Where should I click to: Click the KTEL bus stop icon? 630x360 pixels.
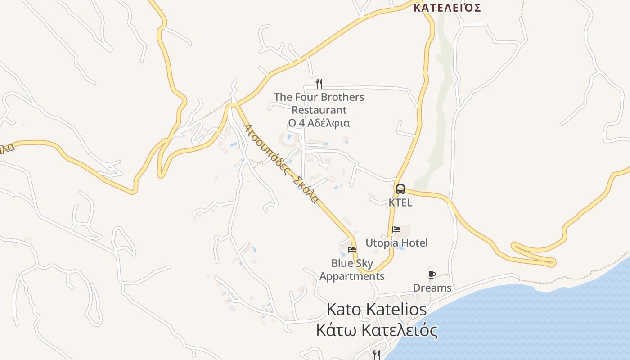click(400, 189)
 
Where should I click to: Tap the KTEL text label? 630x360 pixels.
click(400, 202)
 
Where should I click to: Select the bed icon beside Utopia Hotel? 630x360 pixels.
click(396, 229)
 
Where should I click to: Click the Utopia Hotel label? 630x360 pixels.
click(396, 243)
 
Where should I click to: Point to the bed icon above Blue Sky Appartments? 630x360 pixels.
click(352, 249)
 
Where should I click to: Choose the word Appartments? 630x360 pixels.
click(352, 276)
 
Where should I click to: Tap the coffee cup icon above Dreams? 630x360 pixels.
click(432, 274)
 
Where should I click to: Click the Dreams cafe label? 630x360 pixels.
click(432, 288)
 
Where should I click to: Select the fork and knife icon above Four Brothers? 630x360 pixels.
click(319, 83)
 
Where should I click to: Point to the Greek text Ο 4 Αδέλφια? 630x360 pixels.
click(319, 123)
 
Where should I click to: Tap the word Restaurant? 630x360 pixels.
click(319, 110)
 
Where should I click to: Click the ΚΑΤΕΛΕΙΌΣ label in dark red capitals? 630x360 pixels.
click(447, 8)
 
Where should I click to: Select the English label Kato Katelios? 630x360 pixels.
click(376, 310)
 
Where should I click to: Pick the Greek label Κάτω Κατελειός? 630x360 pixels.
click(376, 331)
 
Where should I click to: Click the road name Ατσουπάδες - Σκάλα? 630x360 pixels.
click(281, 163)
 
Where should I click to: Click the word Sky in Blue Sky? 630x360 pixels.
click(364, 263)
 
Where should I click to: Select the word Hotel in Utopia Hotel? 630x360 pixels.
click(414, 243)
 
